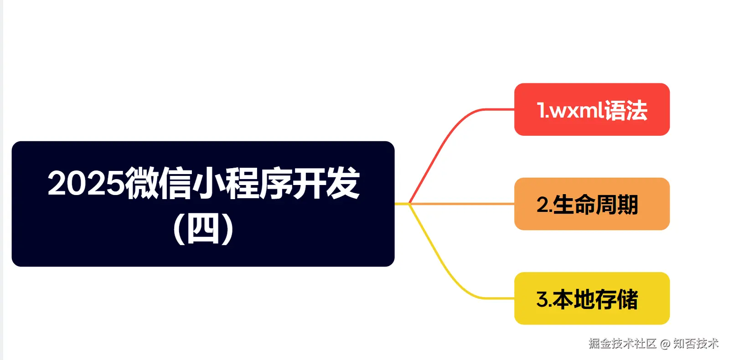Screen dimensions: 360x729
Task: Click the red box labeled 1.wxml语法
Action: point(591,109)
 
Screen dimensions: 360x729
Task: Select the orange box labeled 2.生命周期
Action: point(591,204)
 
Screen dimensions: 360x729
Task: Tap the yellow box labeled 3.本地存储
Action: point(591,298)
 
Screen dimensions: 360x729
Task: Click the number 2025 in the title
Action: point(86,183)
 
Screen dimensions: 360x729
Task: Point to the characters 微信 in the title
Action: point(158,183)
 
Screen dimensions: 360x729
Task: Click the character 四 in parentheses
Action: point(203,228)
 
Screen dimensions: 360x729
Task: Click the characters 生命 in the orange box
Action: point(574,205)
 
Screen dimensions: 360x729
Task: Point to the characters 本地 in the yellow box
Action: point(574,299)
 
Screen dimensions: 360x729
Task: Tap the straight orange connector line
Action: point(465,204)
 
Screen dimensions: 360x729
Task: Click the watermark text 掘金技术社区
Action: point(622,343)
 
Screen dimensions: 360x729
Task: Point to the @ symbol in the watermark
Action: point(665,344)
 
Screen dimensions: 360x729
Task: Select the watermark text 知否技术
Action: point(696,343)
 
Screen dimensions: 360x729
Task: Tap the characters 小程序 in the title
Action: point(242,183)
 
